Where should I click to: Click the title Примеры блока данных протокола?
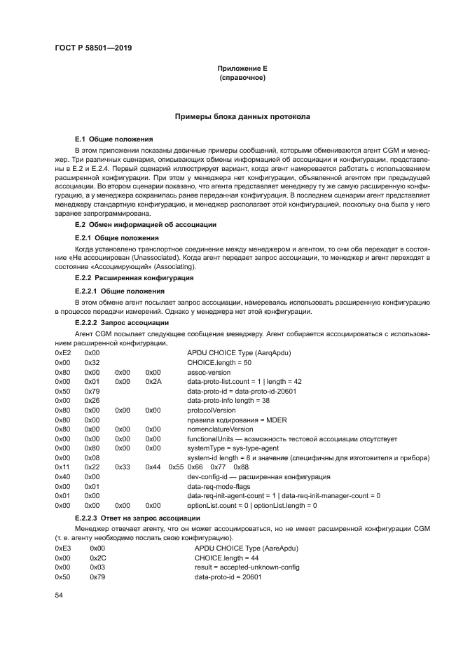[x=242, y=116]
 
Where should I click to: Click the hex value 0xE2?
[x=63, y=353]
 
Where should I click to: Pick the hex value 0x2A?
[x=153, y=382]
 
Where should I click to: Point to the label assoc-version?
[x=209, y=372]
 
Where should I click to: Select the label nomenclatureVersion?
[x=220, y=429]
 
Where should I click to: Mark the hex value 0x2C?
[x=97, y=558]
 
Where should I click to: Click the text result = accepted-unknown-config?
[x=241, y=567]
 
